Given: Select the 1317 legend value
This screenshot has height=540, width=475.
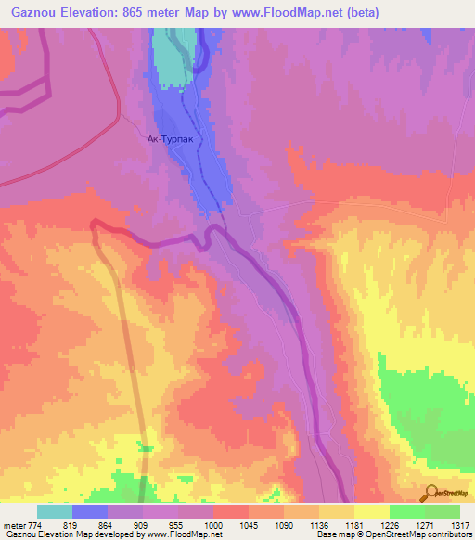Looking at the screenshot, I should click(x=460, y=525).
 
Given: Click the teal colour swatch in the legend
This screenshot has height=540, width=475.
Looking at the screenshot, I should click(x=55, y=511).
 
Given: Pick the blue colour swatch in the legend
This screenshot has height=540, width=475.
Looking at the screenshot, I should click(x=90, y=511).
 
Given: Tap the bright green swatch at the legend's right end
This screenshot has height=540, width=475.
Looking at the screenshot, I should click(x=443, y=511).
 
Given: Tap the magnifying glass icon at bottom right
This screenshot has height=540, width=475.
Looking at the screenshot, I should click(x=431, y=492).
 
